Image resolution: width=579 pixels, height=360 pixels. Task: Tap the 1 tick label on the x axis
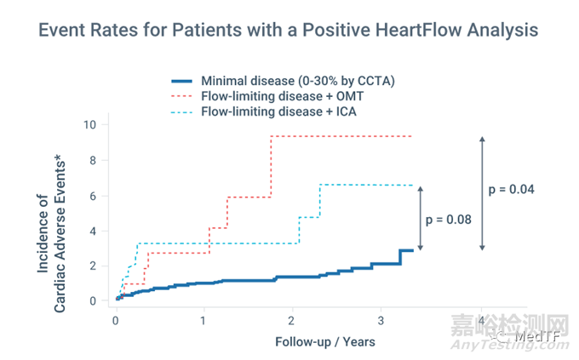pos(204,321)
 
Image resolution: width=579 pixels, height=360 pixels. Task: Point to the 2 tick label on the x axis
pos(291,321)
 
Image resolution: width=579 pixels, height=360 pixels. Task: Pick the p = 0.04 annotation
pos(512,190)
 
